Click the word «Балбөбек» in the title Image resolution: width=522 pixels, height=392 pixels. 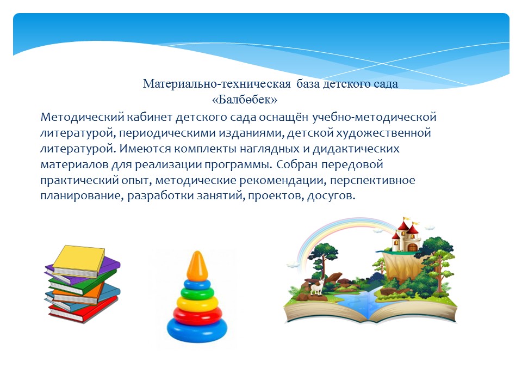click(245, 100)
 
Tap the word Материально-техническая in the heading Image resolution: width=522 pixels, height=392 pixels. click(217, 84)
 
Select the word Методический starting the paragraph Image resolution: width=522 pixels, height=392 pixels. click(82, 118)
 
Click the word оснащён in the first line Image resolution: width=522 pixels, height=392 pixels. click(284, 118)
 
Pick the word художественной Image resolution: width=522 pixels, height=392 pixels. click(383, 133)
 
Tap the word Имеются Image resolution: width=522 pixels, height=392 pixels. click(145, 149)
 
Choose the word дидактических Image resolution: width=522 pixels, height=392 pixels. click(356, 149)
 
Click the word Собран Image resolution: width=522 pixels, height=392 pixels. click(297, 164)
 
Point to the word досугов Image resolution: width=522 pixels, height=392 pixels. click(331, 195)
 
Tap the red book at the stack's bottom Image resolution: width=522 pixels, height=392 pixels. click(83, 310)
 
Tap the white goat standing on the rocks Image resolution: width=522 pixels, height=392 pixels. click(317, 286)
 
